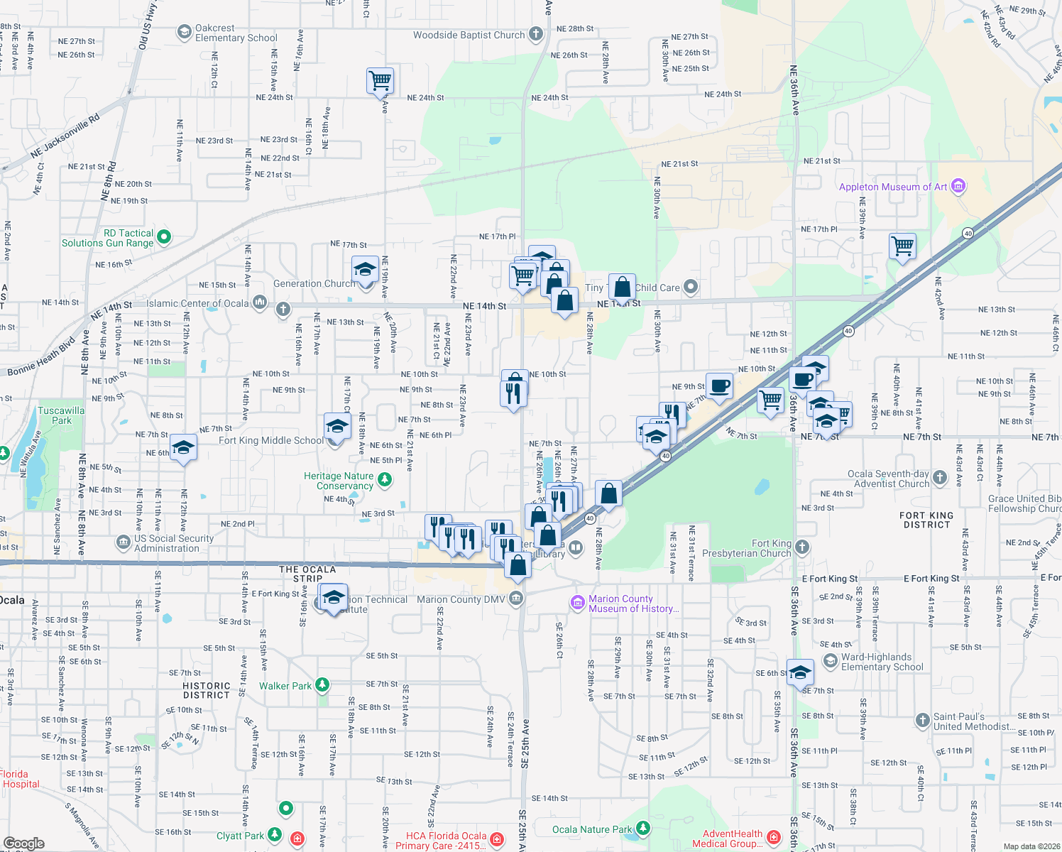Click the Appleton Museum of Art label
click(x=893, y=187)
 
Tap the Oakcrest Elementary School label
click(x=236, y=33)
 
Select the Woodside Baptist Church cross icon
click(x=536, y=33)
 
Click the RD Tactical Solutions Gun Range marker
click(x=164, y=236)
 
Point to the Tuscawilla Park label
click(x=61, y=415)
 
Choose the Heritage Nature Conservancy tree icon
click(x=385, y=481)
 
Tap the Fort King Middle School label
click(x=270, y=440)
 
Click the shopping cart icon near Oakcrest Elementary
click(x=381, y=80)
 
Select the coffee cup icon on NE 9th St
click(x=719, y=386)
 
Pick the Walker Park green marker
click(x=322, y=685)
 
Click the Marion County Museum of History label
click(x=633, y=603)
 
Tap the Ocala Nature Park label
click(x=591, y=829)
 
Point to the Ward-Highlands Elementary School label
click(x=882, y=662)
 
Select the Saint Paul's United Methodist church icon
click(x=922, y=721)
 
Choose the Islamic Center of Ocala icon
click(x=259, y=303)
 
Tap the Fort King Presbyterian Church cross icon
click(x=802, y=547)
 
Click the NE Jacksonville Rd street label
click(x=65, y=138)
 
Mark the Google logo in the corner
click(x=23, y=843)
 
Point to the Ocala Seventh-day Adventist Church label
click(x=888, y=479)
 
